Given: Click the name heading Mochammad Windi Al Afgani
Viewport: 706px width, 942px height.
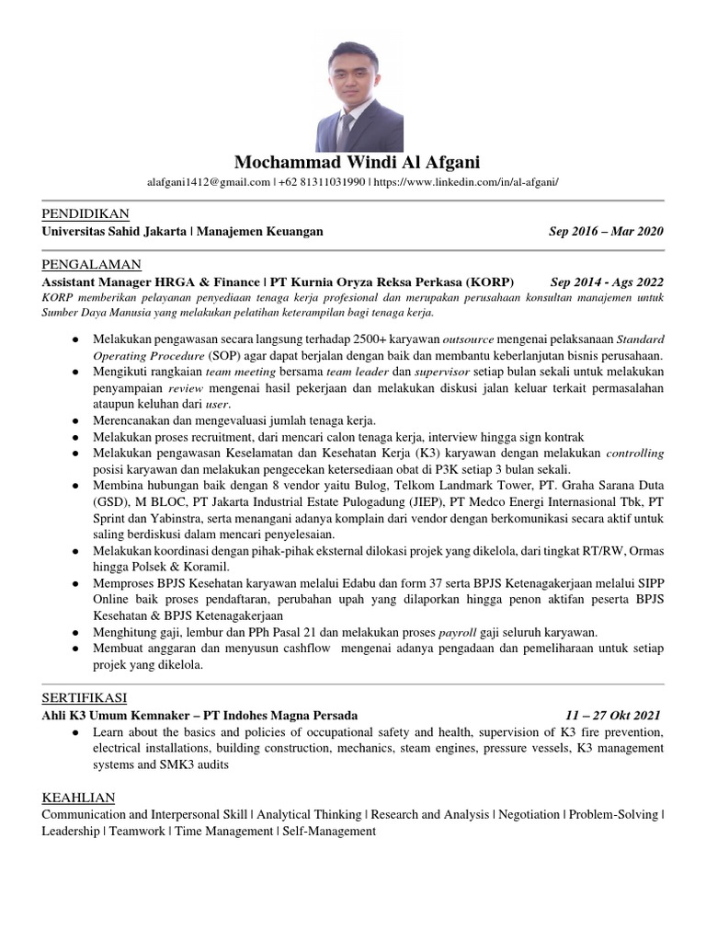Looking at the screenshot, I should [353, 164].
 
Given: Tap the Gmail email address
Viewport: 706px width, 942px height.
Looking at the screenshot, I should [208, 183].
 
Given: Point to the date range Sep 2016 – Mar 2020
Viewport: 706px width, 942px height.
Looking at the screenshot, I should [606, 232].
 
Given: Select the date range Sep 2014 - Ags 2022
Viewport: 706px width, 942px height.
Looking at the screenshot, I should [607, 281].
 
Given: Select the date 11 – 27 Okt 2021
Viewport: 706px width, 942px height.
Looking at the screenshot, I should [613, 715].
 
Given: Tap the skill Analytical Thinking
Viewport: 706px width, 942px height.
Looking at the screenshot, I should [310, 814].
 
